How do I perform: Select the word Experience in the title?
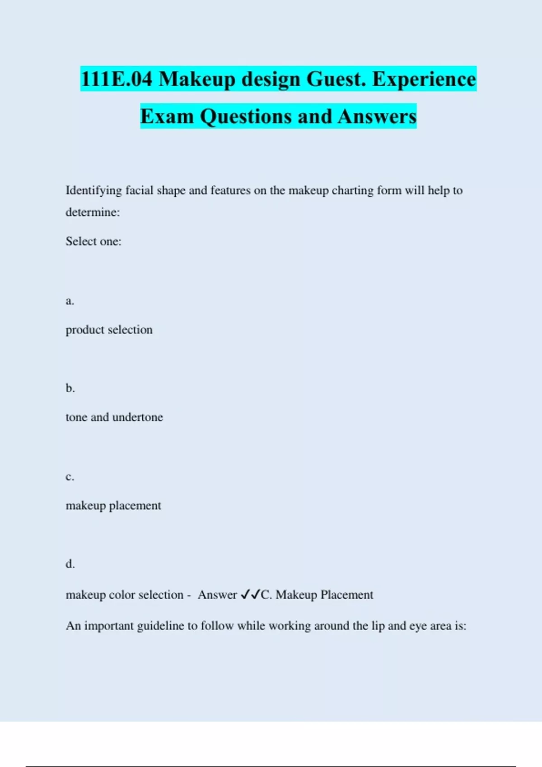tap(424, 79)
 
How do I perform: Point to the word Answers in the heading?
tap(377, 116)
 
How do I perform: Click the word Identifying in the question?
tap(94, 190)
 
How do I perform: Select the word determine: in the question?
tap(93, 212)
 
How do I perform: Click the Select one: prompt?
tap(93, 241)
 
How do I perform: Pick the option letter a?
tap(70, 301)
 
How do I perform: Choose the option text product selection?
tap(109, 330)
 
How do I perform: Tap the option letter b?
tap(70, 388)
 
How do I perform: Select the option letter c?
tap(70, 477)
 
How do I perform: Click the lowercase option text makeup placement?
tap(113, 505)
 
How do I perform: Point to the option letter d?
tap(70, 564)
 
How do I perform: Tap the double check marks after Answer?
tap(250, 595)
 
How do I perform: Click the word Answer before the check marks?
tap(217, 595)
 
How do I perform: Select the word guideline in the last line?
tap(161, 626)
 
